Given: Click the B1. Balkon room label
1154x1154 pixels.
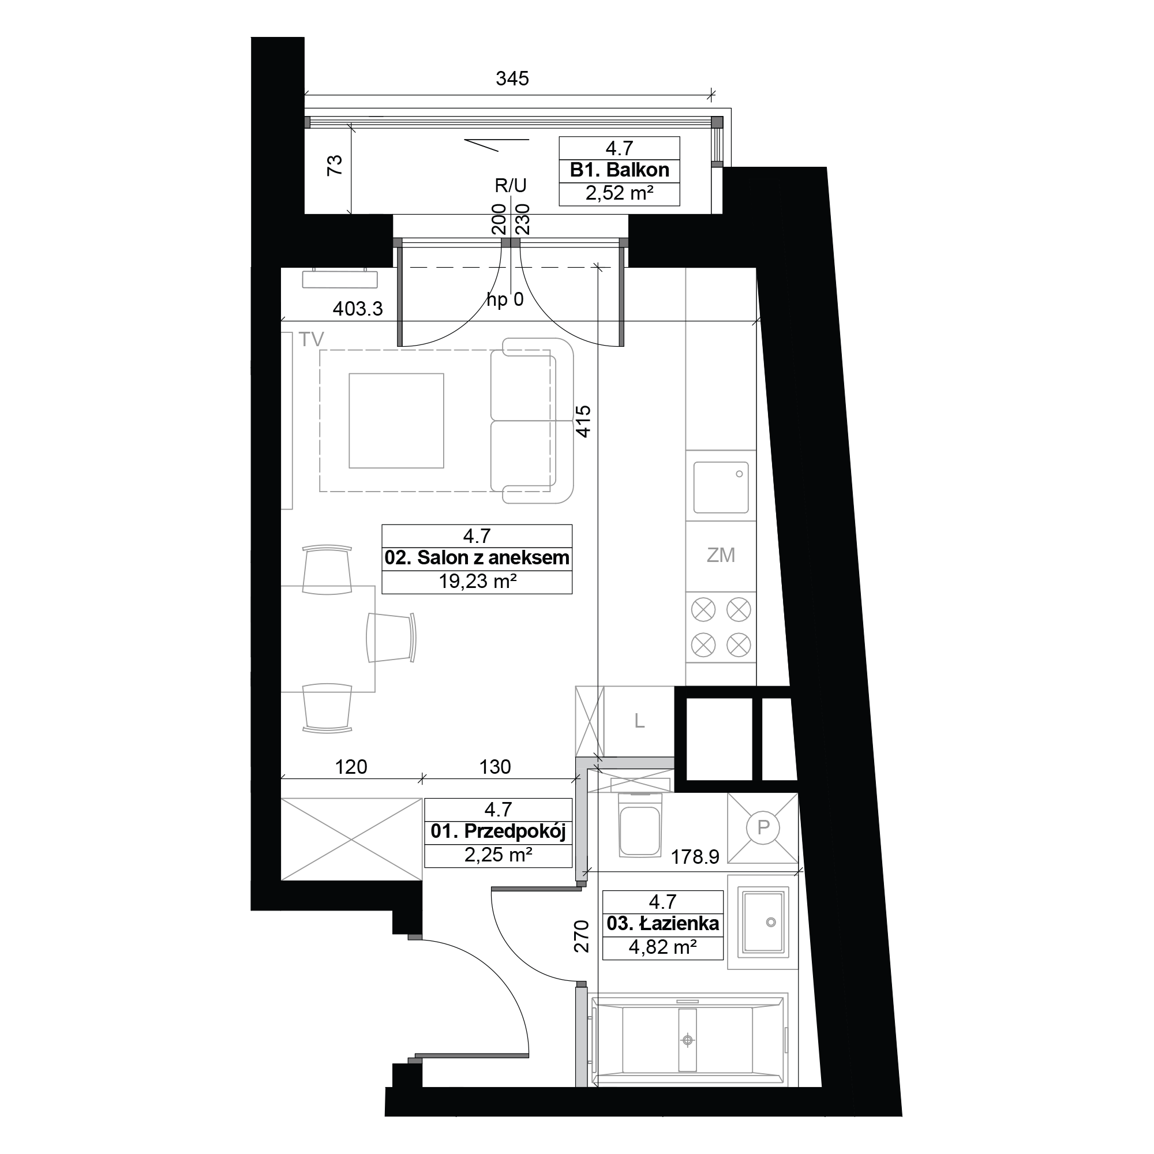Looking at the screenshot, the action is point(619,170).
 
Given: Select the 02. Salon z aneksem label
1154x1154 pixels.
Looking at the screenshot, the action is point(477,558).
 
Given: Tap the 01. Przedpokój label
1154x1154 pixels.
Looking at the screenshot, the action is point(498,831).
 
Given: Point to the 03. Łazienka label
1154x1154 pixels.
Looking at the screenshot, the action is point(662,924).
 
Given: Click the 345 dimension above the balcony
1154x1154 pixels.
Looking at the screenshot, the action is point(512,78).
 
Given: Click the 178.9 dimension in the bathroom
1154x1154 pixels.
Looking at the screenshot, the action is point(695,857).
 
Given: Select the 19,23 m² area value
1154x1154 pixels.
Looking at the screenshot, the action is point(477,581).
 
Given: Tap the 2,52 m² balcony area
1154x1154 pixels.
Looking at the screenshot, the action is point(619,193).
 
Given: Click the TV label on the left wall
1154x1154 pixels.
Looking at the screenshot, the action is point(311,339).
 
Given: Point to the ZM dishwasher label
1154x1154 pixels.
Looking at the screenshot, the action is point(720,555).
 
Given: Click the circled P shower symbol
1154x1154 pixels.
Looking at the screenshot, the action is point(763,827).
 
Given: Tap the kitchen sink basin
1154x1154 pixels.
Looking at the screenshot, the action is point(721,488).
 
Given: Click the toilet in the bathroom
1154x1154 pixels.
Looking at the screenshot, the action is point(640,825).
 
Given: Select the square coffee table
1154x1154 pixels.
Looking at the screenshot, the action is point(396,421).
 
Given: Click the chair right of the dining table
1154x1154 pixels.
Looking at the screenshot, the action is point(391,638).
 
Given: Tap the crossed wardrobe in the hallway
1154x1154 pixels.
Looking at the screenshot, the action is point(352,839).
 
